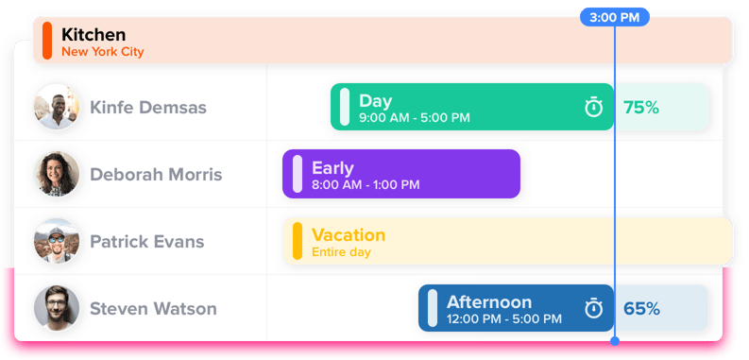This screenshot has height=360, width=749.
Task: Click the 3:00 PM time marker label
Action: click(x=615, y=18)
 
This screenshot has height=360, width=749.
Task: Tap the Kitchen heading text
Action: click(x=94, y=35)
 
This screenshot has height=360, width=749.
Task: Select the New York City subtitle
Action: click(x=102, y=52)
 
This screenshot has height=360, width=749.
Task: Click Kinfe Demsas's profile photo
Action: click(x=56, y=107)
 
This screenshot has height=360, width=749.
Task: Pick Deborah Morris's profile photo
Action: click(x=56, y=174)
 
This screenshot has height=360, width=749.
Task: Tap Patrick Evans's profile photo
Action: click(x=56, y=241)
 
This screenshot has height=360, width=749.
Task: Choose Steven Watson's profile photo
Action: click(x=56, y=308)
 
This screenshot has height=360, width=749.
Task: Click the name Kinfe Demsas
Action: click(x=147, y=108)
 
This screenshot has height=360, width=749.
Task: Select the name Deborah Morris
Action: click(x=156, y=175)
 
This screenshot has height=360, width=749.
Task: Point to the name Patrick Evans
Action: click(x=146, y=242)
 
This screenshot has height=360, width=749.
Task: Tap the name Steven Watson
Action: click(x=153, y=309)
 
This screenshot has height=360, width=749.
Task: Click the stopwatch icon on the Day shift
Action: click(x=593, y=108)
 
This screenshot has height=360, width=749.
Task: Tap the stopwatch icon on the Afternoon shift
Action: click(x=593, y=308)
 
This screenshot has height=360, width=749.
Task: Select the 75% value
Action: click(x=641, y=108)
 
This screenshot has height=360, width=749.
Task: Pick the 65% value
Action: click(x=641, y=309)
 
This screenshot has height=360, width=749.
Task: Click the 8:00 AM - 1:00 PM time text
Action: click(x=366, y=185)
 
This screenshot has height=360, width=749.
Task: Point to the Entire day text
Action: click(x=341, y=252)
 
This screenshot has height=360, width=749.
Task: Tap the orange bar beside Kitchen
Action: click(x=47, y=41)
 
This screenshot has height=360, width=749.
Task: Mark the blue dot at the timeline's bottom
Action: click(x=615, y=340)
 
